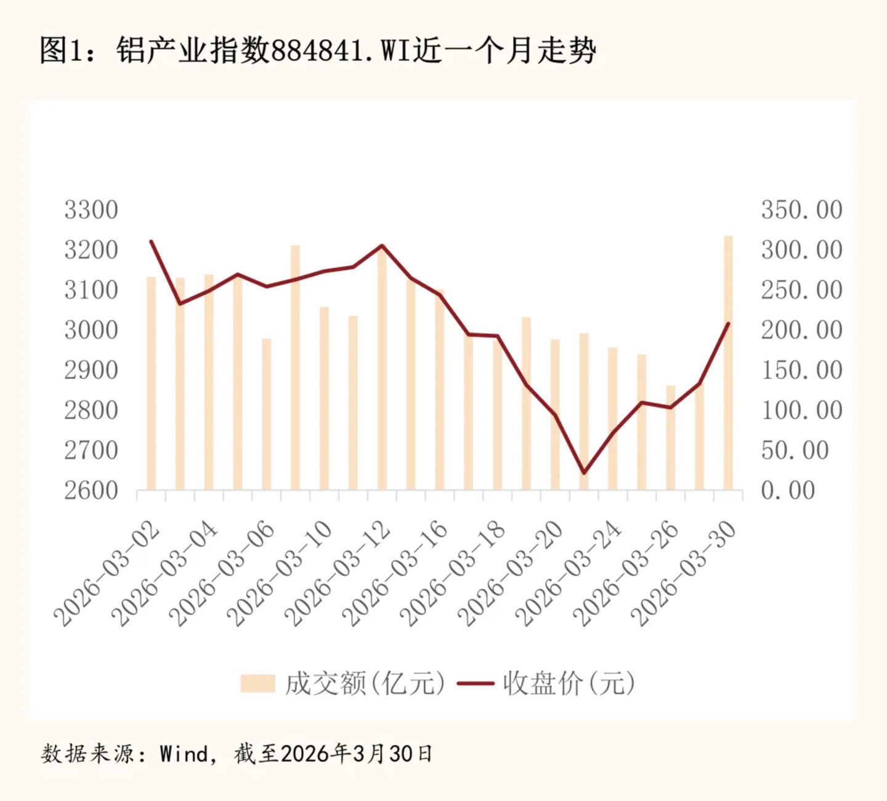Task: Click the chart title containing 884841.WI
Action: click(x=318, y=51)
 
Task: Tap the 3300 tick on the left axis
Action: click(x=91, y=209)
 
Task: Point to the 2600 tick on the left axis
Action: click(x=91, y=490)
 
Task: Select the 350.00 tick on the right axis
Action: click(x=801, y=209)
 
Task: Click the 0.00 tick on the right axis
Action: click(x=788, y=490)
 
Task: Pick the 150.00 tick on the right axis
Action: click(x=801, y=370)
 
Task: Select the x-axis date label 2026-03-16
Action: click(x=395, y=574)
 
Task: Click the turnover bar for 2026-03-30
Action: click(x=728, y=363)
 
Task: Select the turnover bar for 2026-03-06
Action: click(x=266, y=414)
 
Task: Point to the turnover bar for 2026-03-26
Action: click(x=670, y=437)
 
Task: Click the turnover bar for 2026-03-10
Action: click(x=324, y=398)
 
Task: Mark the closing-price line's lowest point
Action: click(x=584, y=473)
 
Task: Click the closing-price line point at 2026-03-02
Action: click(x=152, y=242)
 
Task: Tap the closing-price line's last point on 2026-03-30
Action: click(x=728, y=323)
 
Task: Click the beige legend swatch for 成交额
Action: click(x=258, y=683)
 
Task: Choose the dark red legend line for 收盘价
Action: click(x=476, y=683)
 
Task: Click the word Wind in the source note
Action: click(x=183, y=753)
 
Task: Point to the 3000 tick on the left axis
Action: click(x=91, y=330)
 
